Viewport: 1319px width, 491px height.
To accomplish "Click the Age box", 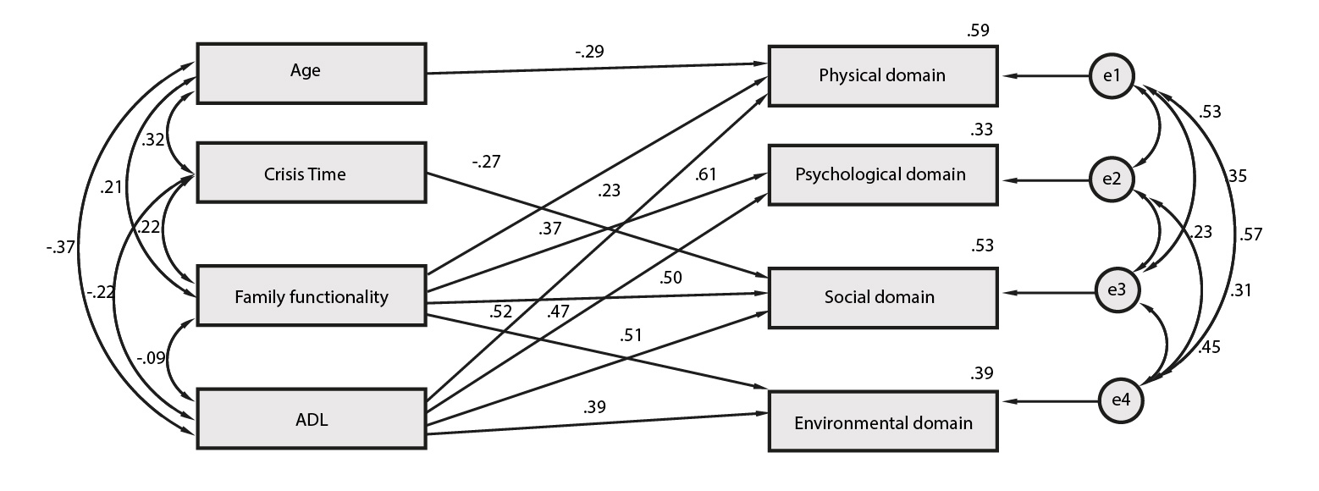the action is (x=312, y=74).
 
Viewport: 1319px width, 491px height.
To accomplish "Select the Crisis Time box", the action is (x=312, y=173).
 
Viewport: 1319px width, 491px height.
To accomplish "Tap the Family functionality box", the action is (x=312, y=295).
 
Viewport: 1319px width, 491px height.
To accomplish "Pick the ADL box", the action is (x=312, y=418).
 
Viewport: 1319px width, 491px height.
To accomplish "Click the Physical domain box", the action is (x=883, y=76).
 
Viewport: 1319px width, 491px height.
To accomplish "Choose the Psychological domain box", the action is (x=883, y=175).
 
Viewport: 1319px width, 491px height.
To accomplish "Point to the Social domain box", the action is (x=883, y=298).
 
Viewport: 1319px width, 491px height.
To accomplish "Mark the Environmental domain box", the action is (x=883, y=422).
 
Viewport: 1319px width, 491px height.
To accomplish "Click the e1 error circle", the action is (x=1112, y=76).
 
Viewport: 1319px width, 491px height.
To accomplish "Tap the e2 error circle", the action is (x=1112, y=179).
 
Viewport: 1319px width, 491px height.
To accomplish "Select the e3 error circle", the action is (x=1117, y=290).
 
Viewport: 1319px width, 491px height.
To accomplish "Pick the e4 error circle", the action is (x=1121, y=400).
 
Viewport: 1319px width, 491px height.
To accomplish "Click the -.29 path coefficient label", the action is (x=589, y=52).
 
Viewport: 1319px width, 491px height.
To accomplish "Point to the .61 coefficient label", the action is (x=705, y=174).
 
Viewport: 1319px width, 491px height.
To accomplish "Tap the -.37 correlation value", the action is (x=61, y=247).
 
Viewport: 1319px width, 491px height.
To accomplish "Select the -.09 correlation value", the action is (x=151, y=357).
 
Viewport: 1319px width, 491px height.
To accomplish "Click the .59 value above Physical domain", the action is (x=978, y=30).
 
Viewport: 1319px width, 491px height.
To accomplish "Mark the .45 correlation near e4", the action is (x=1209, y=347).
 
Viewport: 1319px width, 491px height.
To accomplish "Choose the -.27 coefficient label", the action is (x=487, y=162).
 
